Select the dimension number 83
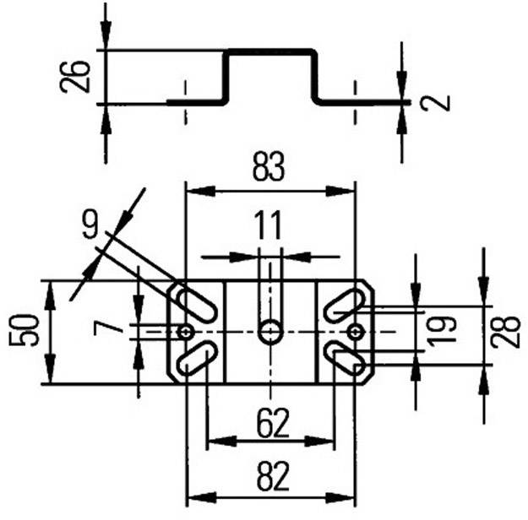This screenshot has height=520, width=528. click(x=269, y=169)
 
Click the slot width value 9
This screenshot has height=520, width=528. click(x=90, y=225)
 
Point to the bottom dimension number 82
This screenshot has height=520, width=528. click(x=269, y=478)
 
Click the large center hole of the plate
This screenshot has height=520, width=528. click(x=270, y=332)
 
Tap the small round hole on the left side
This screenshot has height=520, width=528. click(x=185, y=332)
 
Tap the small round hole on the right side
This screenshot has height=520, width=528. click(x=356, y=332)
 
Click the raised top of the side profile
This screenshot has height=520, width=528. click(x=270, y=52)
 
